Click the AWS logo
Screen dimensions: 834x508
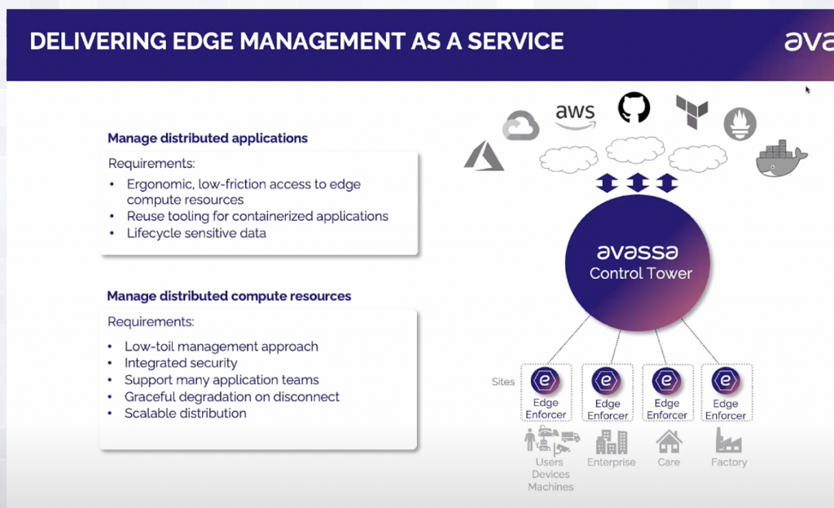(x=575, y=116)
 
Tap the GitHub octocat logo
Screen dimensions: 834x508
(x=634, y=108)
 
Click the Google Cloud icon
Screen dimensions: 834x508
(x=520, y=126)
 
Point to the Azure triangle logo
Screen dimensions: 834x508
(x=484, y=156)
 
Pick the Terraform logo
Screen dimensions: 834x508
(x=692, y=112)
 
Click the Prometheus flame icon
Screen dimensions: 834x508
(x=740, y=124)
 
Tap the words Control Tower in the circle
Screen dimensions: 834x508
(x=640, y=273)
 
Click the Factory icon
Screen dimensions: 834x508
(x=728, y=440)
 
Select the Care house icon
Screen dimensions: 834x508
(x=669, y=441)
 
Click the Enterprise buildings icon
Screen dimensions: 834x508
(x=611, y=441)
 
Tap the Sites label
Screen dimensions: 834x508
(x=503, y=382)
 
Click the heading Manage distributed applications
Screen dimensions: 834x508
(x=208, y=138)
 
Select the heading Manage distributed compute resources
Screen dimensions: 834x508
(x=229, y=296)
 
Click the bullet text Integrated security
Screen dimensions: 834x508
(x=181, y=363)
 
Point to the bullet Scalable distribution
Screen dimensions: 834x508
(x=185, y=413)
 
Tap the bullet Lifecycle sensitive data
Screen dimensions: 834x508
(x=196, y=233)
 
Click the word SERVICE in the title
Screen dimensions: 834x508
(x=516, y=41)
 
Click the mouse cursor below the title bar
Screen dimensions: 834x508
(x=807, y=90)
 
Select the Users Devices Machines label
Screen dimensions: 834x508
(x=551, y=474)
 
